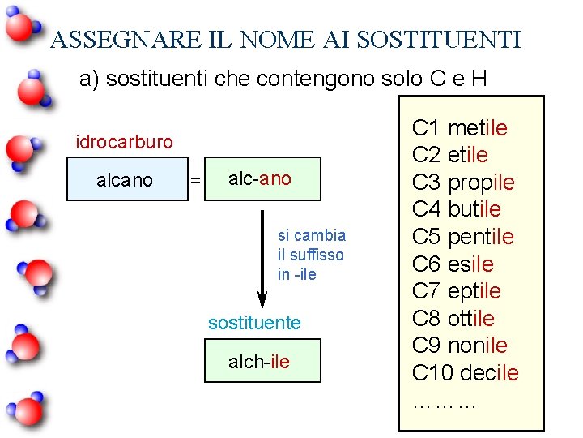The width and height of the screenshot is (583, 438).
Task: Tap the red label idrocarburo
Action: pyautogui.click(x=124, y=142)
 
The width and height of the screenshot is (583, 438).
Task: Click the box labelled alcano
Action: pyautogui.click(x=125, y=179)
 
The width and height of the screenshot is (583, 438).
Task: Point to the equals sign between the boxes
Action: pyautogui.click(x=194, y=180)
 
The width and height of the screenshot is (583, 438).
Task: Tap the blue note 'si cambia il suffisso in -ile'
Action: pyautogui.click(x=311, y=255)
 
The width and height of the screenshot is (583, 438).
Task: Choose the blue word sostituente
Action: pyautogui.click(x=254, y=323)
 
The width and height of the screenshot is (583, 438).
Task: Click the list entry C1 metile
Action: pyautogui.click(x=460, y=127)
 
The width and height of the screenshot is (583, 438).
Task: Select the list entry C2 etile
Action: pyautogui.click(x=450, y=154)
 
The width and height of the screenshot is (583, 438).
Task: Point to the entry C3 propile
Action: pyautogui.click(x=463, y=182)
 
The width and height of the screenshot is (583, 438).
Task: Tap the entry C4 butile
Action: pyautogui.click(x=457, y=209)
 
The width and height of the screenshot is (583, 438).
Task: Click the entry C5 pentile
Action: pyautogui.click(x=463, y=237)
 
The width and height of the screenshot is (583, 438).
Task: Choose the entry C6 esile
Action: pyautogui.click(x=453, y=264)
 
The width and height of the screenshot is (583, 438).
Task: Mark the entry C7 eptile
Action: pyautogui.click(x=457, y=290)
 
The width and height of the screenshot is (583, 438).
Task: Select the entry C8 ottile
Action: pyautogui.click(x=453, y=318)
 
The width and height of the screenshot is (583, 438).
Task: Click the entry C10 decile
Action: pyautogui.click(x=466, y=373)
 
